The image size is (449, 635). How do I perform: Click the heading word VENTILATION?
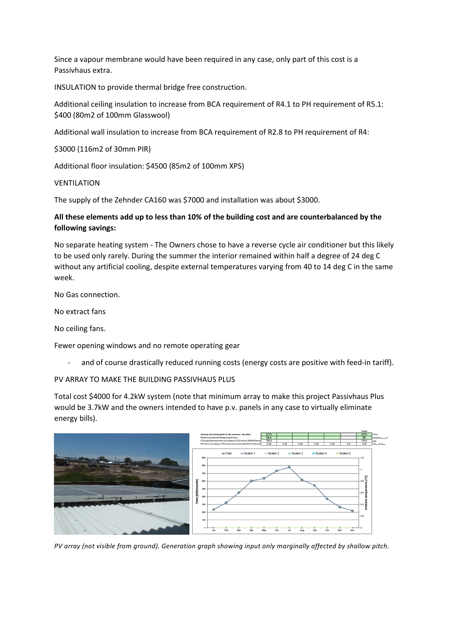point(77,183)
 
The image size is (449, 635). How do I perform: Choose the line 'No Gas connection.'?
point(87,294)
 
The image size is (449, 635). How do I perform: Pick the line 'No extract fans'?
point(80,311)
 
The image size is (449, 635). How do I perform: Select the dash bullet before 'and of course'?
point(69,362)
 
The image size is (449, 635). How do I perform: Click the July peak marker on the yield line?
point(289,467)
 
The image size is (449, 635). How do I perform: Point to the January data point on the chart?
point(214,509)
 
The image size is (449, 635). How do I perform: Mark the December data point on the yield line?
point(352,511)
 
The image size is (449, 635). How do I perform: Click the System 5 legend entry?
point(343,453)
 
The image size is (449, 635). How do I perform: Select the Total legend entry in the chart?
point(227,453)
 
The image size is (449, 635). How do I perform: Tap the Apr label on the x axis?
point(251,530)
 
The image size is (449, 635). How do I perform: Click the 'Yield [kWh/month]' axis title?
point(197,492)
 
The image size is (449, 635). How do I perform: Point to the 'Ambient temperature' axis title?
point(366,492)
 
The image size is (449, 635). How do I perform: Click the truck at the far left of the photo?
point(62,461)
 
